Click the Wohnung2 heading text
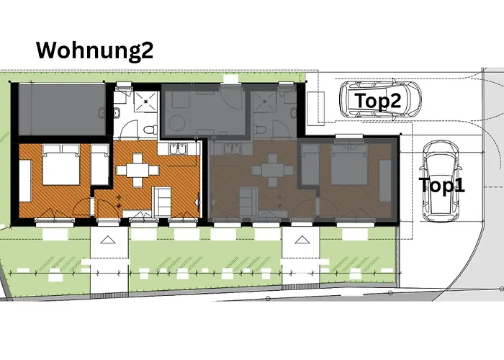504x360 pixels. point(95,50)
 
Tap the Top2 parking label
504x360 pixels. point(378,100)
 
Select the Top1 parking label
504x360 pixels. point(442,185)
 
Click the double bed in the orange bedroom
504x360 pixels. point(61,164)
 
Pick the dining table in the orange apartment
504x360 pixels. point(138,171)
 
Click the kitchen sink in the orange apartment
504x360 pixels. point(177,150)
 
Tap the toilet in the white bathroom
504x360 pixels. point(150,130)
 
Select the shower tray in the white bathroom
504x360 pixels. point(146,102)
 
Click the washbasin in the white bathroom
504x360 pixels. point(117,113)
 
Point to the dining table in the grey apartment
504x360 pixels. point(273,171)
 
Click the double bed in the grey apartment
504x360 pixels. point(350,164)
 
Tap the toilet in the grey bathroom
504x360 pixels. point(261,130)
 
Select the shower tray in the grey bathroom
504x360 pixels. point(265,102)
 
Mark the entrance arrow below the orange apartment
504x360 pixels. point(107,240)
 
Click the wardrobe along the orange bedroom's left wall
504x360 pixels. point(25,181)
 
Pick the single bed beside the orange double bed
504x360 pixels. point(100,165)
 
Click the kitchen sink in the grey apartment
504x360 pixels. point(231,150)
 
